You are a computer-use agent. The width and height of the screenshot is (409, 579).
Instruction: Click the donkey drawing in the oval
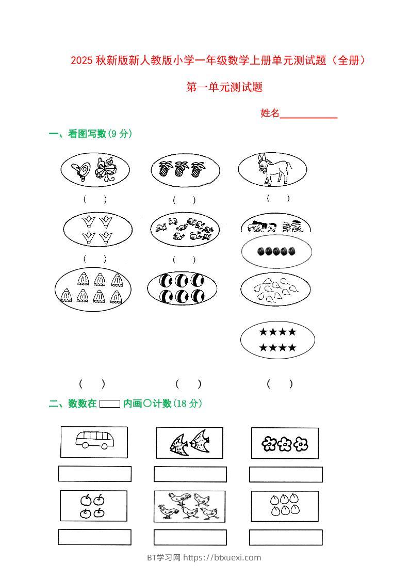274,168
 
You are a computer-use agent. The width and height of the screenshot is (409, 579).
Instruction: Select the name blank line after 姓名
308,114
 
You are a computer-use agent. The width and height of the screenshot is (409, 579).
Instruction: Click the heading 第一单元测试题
224,87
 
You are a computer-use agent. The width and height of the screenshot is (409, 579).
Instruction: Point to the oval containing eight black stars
277,340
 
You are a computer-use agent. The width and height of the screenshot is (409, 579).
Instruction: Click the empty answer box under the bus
94,474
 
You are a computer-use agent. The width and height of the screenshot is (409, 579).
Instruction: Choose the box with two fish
190,443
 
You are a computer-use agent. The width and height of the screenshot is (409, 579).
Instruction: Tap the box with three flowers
284,443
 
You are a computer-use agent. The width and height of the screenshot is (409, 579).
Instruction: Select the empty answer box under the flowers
286,474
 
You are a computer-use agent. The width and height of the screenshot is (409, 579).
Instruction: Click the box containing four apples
93,506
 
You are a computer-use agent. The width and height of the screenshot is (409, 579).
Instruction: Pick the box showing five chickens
189,506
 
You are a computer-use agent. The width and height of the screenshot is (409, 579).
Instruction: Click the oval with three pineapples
185,169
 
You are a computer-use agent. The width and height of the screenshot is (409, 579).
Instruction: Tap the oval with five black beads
276,251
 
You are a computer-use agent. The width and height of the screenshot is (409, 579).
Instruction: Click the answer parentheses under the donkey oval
278,198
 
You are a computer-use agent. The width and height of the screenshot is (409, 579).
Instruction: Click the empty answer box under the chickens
190,537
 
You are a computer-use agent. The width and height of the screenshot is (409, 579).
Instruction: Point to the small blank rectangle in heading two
109,404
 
